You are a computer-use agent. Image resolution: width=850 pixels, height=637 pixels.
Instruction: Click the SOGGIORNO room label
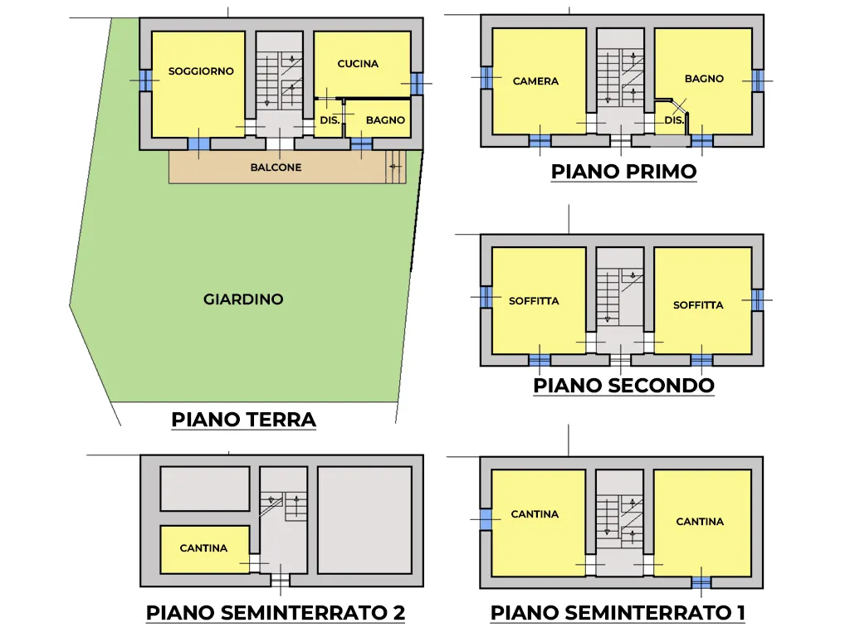coord(201,71)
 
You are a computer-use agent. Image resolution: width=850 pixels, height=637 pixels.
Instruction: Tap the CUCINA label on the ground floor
coord(358,64)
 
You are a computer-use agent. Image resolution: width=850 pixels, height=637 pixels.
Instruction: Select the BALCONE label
coord(276,168)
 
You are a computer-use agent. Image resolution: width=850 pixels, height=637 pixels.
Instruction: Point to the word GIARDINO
coord(243,299)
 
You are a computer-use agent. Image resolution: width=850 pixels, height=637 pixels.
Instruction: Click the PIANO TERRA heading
coord(243,419)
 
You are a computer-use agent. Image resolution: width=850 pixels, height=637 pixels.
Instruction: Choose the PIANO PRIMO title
coord(624,171)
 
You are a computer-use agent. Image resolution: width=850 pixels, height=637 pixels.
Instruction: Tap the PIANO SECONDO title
coord(624,385)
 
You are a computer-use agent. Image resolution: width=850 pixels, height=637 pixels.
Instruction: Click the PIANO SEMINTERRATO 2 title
coord(276,613)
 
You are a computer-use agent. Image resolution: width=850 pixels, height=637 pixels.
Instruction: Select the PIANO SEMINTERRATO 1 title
coord(618,613)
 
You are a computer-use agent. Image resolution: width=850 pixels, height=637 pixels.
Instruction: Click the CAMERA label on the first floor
coord(535,81)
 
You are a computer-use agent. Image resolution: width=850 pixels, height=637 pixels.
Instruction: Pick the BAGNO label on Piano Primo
coord(704,79)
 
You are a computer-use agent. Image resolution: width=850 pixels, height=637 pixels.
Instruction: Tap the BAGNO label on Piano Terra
coord(385,120)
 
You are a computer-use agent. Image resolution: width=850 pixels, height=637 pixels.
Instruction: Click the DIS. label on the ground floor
coord(330,120)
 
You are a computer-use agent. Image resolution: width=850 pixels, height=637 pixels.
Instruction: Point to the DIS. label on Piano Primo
coord(674,120)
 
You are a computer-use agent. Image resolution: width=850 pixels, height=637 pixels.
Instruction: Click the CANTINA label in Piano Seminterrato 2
coord(203,548)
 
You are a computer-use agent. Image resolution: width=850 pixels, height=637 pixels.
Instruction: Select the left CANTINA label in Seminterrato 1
coord(535,514)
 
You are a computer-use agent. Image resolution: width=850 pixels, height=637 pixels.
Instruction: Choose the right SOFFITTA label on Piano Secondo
coord(698,305)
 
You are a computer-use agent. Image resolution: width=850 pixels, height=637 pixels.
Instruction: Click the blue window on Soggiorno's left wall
coord(145,80)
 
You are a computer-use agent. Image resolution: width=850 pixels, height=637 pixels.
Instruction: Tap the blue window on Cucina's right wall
coord(417,84)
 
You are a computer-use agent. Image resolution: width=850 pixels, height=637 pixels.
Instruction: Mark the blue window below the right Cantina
coord(701,583)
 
